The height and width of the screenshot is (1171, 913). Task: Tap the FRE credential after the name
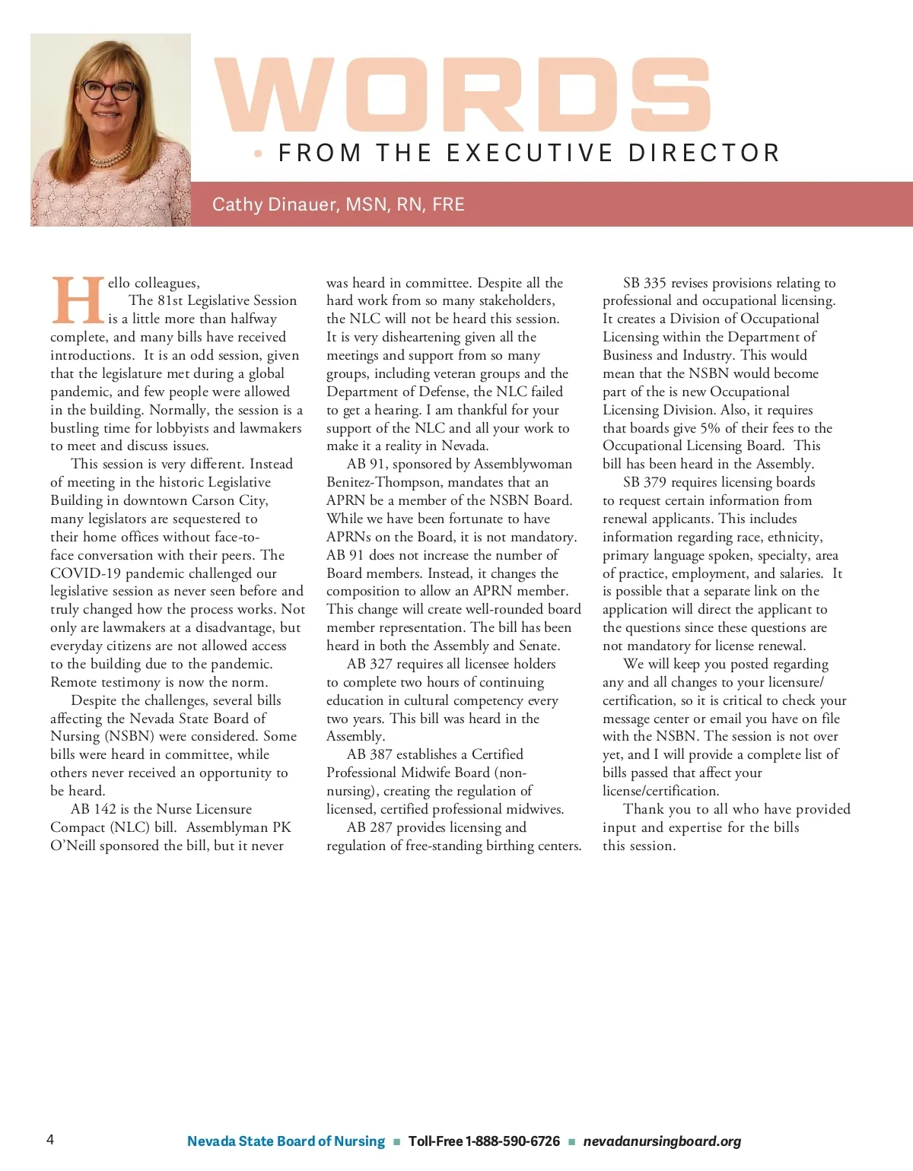point(448,205)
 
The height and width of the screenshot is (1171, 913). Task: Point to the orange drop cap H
point(78,301)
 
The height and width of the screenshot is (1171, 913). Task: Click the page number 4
point(50,1139)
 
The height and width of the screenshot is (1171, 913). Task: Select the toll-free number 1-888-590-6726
point(512,1141)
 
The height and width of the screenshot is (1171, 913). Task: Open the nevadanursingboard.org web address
point(662,1141)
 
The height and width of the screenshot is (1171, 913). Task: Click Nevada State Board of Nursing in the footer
point(286,1141)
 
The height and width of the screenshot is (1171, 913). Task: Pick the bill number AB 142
point(94,809)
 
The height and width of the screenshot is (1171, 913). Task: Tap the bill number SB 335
point(644,283)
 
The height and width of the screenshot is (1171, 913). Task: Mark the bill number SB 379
point(644,482)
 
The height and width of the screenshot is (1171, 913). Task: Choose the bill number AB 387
point(370,754)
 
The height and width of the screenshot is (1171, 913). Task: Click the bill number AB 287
point(370,827)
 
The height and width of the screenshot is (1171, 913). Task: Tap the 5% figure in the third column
point(710,428)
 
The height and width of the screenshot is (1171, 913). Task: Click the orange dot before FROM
point(259,154)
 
